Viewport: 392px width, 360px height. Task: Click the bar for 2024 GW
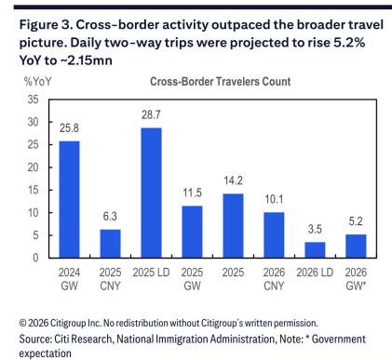(69, 199)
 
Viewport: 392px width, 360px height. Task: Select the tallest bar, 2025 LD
(151, 193)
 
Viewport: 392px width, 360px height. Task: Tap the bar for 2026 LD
(315, 250)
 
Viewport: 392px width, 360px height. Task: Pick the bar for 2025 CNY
(110, 244)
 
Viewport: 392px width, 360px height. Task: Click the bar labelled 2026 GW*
(356, 247)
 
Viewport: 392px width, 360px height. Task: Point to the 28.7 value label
(151, 115)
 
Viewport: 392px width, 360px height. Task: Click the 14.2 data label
(233, 180)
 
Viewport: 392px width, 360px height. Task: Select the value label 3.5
(315, 229)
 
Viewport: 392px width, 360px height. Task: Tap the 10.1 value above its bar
(274, 199)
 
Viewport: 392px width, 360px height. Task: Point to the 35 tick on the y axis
(33, 100)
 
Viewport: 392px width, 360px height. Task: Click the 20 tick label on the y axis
(33, 167)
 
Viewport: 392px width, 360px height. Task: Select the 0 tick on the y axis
(35, 258)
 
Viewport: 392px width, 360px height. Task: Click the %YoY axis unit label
(37, 82)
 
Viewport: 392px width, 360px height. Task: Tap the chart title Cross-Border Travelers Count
(221, 82)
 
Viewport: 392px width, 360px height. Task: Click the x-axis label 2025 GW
(192, 279)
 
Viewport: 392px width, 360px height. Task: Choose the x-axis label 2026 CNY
(274, 279)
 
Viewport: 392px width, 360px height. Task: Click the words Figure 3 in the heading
(46, 25)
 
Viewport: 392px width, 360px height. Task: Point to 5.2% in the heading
(349, 42)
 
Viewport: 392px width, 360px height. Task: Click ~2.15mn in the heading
(89, 60)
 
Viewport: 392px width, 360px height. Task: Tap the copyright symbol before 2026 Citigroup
(23, 323)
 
